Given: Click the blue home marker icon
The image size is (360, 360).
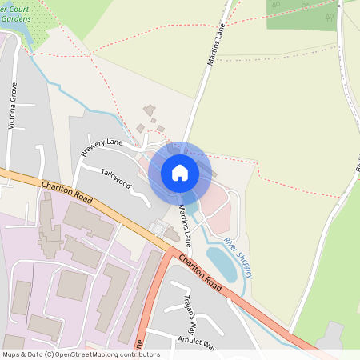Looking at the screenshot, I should click(180, 173).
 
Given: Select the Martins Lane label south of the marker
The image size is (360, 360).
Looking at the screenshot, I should click(186, 225).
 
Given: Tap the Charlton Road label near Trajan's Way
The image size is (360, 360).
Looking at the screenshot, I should click(200, 273).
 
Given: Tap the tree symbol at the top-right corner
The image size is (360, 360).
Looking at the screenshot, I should click(330, 16).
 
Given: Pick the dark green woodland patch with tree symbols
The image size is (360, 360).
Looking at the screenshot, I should click(300, 14).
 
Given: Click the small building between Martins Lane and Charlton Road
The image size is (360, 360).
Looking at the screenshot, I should click(172, 234).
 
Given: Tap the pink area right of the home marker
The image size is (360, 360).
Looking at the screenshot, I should click(215, 209).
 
